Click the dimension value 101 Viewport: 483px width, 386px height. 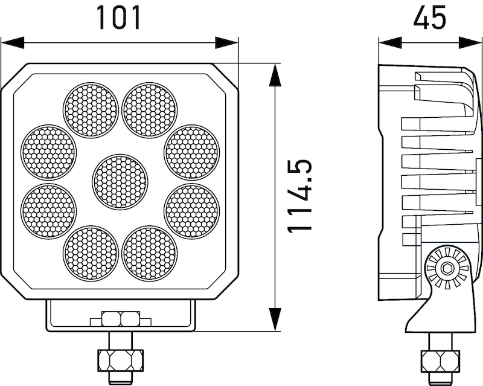[119, 18]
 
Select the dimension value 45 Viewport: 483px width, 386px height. [429, 18]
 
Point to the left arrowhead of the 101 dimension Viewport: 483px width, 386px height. [12, 43]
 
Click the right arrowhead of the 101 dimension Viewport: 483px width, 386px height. [227, 43]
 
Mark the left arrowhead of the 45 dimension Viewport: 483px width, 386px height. [389, 43]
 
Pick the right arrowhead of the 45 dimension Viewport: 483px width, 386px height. [471, 43]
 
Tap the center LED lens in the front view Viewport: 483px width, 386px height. [120, 182]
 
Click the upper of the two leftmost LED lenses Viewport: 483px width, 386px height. [49, 152]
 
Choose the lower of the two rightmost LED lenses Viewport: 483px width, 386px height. [191, 211]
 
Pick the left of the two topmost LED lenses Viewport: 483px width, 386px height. [91, 110]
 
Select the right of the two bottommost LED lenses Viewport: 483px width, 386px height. [149, 253]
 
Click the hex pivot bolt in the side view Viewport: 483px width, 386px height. [447, 268]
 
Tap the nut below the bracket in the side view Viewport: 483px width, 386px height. [440, 360]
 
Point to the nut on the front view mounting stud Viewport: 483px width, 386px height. [120, 360]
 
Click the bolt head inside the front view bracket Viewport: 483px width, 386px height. [120, 318]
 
